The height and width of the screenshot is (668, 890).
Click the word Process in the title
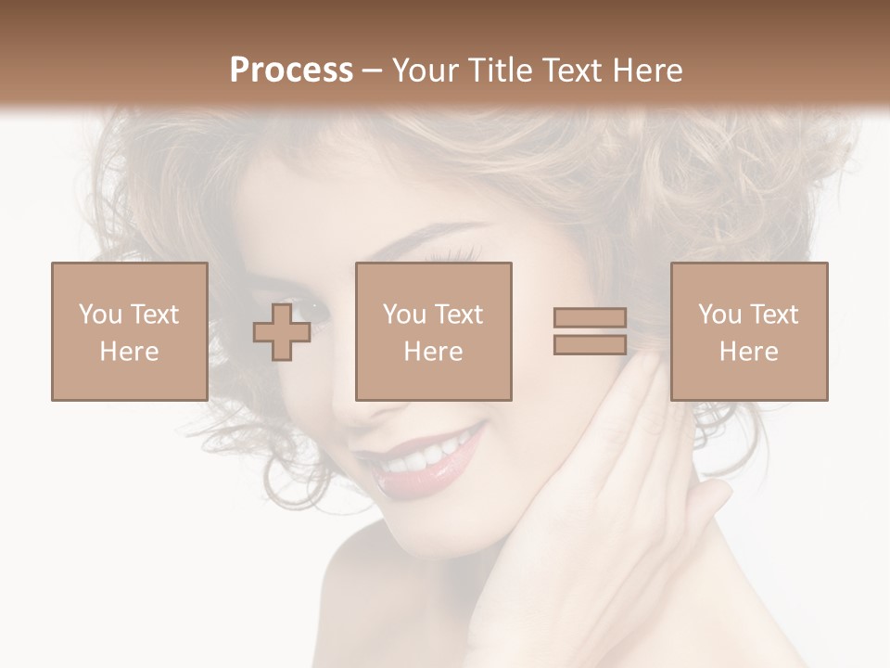click(291, 71)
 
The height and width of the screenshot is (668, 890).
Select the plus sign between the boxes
click(282, 331)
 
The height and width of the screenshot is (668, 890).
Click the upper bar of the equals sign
click(590, 318)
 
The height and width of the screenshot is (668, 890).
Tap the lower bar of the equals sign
click(590, 344)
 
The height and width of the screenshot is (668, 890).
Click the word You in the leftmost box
click(100, 315)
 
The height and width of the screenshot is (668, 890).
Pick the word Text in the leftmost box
click(154, 315)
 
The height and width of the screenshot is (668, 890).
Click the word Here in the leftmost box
click(129, 352)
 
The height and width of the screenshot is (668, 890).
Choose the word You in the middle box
click(405, 315)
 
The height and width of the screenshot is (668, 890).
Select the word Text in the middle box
click(458, 315)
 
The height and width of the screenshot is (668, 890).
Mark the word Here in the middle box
click(433, 352)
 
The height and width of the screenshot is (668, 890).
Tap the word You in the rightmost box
click(720, 315)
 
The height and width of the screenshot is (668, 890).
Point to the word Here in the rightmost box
click(748, 352)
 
